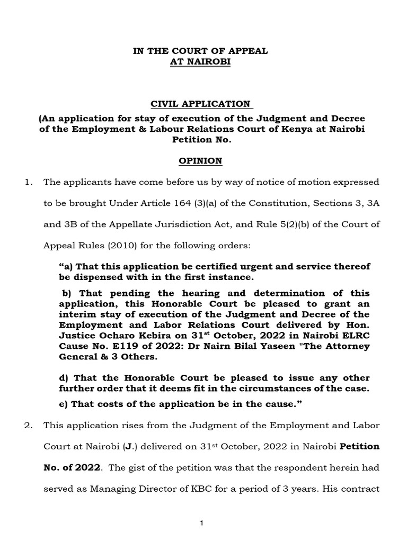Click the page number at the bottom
pyautogui.click(x=202, y=523)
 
